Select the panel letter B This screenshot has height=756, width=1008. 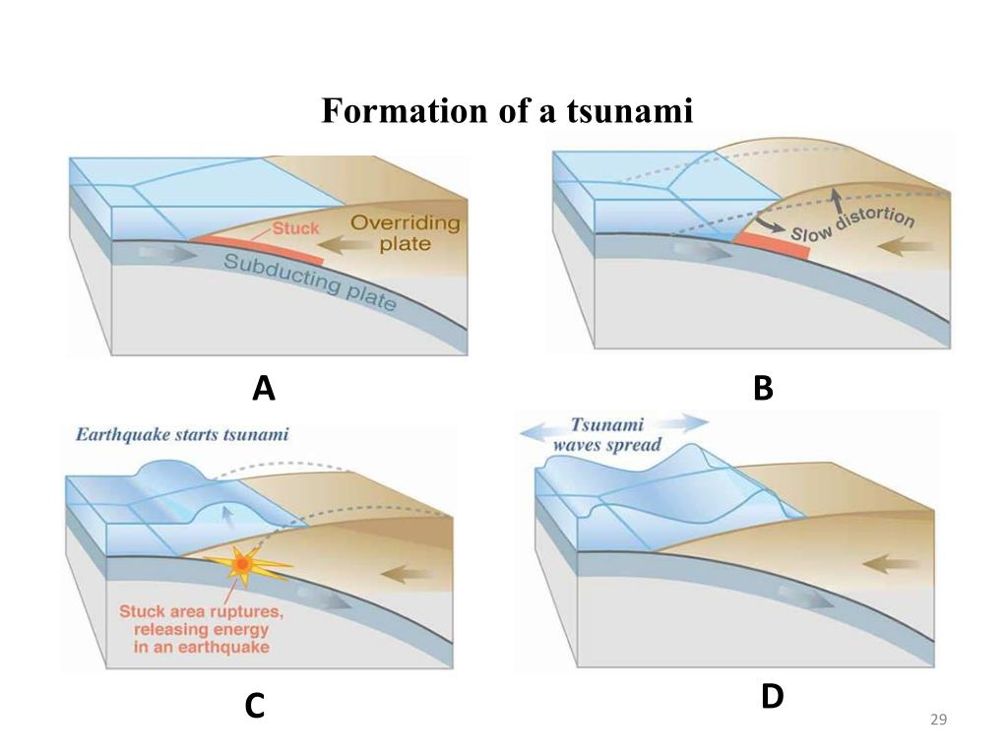tap(763, 390)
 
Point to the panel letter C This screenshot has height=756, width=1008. tap(255, 706)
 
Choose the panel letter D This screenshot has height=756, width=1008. tap(772, 697)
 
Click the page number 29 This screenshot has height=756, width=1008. tap(938, 722)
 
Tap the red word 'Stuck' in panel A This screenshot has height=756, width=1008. tap(295, 228)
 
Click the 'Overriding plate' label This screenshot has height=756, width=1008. tap(405, 232)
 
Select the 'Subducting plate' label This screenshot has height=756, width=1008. tap(309, 282)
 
